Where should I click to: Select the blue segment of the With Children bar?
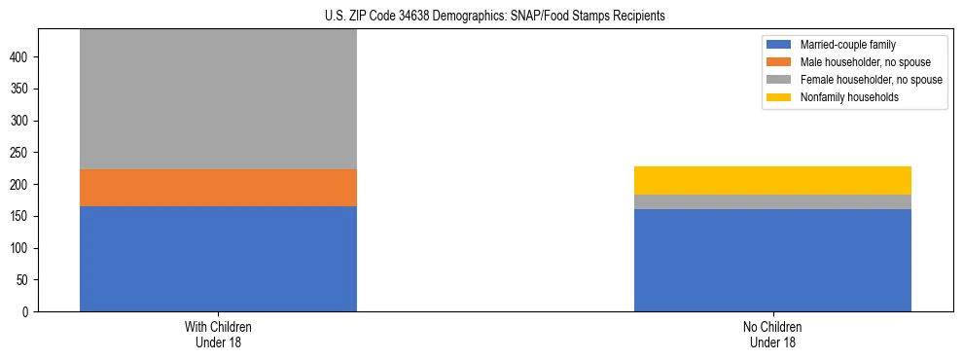point(218,259)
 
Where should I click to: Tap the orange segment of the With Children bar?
point(218,188)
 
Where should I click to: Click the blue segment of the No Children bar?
point(772,260)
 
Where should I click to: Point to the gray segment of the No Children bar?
point(772,201)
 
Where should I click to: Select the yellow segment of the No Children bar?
point(772,180)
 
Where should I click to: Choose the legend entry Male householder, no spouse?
point(858,62)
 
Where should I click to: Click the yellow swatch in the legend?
point(779,97)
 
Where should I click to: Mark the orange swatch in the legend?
point(779,62)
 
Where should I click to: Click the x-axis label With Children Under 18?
point(218,334)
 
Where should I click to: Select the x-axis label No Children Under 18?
point(772,334)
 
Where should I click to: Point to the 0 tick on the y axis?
point(27,312)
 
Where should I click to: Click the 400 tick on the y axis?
point(21,57)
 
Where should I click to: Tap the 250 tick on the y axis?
point(21,153)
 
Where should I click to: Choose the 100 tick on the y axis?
point(21,248)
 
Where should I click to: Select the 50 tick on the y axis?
point(24,280)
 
